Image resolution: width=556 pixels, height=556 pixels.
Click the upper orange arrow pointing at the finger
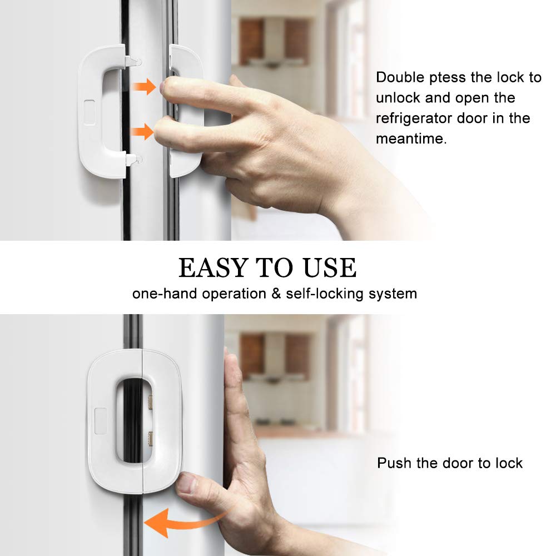click(x=144, y=87)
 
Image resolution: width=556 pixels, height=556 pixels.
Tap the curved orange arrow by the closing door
click(x=178, y=522)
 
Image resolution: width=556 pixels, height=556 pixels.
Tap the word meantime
click(x=410, y=138)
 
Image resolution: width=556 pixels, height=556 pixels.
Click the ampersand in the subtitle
click(x=276, y=294)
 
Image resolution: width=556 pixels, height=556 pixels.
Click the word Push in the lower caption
click(x=394, y=463)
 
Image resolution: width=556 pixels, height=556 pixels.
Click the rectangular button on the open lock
click(x=89, y=108)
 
